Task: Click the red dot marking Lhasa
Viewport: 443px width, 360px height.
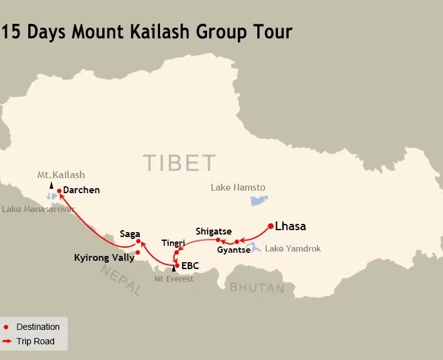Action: point(270,226)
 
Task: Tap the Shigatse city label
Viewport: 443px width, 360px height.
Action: point(213,231)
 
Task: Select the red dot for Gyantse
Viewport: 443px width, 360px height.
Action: point(237,241)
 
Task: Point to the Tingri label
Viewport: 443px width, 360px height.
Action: point(173,243)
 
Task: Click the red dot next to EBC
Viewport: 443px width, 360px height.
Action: point(177,265)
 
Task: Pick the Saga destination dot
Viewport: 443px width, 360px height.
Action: point(138,241)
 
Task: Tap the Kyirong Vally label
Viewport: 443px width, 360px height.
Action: point(104,257)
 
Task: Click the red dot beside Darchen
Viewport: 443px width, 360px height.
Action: point(59,191)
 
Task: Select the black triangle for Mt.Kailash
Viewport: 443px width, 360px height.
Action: point(51,185)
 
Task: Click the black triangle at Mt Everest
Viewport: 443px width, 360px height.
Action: point(174,269)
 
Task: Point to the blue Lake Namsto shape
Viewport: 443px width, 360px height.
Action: point(258,201)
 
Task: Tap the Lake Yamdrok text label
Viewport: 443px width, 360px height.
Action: point(292,249)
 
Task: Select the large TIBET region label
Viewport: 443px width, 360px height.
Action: point(179,163)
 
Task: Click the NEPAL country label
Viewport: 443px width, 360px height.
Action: point(120,280)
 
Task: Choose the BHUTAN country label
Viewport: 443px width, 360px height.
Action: point(257,288)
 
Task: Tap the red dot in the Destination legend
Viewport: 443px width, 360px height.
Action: point(6,327)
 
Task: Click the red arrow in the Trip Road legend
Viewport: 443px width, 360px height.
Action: point(8,342)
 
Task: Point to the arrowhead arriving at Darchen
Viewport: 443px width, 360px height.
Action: point(61,195)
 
